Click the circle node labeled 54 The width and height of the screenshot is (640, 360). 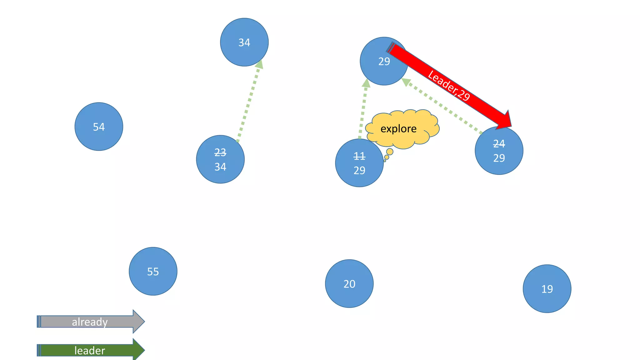[99, 127]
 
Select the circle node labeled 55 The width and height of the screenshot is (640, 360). [153, 271]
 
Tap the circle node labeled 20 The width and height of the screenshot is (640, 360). [349, 283]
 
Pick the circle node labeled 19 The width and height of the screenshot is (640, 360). [547, 289]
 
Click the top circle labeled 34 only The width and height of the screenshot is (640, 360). [244, 42]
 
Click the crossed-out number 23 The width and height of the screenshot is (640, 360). [220, 152]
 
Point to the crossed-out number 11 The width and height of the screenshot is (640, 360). [359, 156]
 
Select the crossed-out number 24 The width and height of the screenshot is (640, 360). [499, 144]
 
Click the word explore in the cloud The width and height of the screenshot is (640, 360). [398, 129]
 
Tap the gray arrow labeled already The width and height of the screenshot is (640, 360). [90, 322]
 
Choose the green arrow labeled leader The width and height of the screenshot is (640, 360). [90, 350]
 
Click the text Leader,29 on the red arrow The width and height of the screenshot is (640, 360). [448, 86]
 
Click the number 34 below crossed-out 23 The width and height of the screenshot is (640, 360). [220, 167]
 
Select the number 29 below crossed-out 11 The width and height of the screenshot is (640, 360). [359, 170]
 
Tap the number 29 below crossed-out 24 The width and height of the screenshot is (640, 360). [499, 158]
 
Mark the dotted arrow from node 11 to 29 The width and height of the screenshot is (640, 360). [363, 109]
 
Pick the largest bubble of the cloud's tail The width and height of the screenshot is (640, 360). [390, 152]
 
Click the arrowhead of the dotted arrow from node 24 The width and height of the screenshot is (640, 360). [406, 82]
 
